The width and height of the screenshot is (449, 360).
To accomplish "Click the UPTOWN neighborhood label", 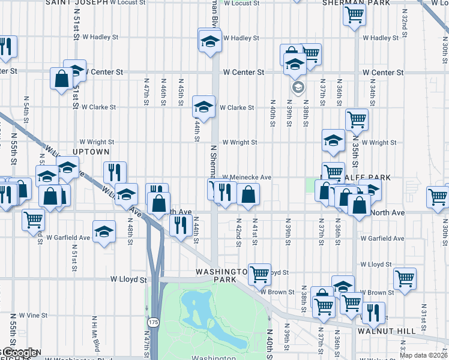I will click(x=91, y=152).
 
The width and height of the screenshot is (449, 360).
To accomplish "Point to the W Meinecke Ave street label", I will click(x=247, y=178).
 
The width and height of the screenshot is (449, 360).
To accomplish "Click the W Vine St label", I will click(x=33, y=315).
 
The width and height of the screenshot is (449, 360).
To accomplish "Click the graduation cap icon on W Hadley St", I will click(x=210, y=41).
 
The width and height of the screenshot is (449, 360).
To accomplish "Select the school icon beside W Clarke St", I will click(x=203, y=107).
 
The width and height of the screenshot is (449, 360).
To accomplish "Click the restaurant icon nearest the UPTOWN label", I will click(x=115, y=173).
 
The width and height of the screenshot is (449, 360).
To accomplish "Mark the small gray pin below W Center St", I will click(x=297, y=88).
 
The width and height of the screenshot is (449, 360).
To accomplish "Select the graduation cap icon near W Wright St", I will click(x=333, y=140).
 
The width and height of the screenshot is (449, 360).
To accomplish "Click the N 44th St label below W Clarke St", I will click(x=196, y=128).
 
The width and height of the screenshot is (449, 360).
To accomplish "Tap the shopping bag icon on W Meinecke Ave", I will click(x=249, y=194).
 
